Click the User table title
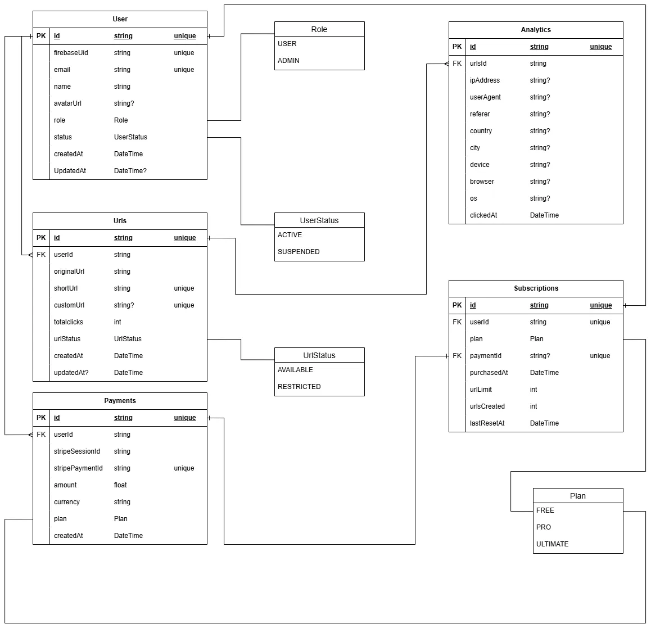coord(120,19)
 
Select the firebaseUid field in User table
coord(71,53)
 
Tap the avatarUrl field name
coord(67,103)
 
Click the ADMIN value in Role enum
coord(288,61)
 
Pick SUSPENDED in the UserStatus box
coord(299,252)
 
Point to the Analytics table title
coord(536,30)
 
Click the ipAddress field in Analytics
coord(485,80)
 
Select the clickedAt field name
coord(483,215)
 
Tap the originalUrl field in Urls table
coord(69,272)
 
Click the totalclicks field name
coord(69,322)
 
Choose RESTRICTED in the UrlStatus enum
coord(299,387)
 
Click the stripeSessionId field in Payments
coord(77,451)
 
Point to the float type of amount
coord(120,485)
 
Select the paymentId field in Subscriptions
coord(486,356)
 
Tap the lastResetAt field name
coord(487,423)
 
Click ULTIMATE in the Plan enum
coord(552,544)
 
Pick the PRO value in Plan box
coord(544,527)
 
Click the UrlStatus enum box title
coord(319,355)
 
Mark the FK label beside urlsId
coord(457,64)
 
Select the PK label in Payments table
coord(41,418)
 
